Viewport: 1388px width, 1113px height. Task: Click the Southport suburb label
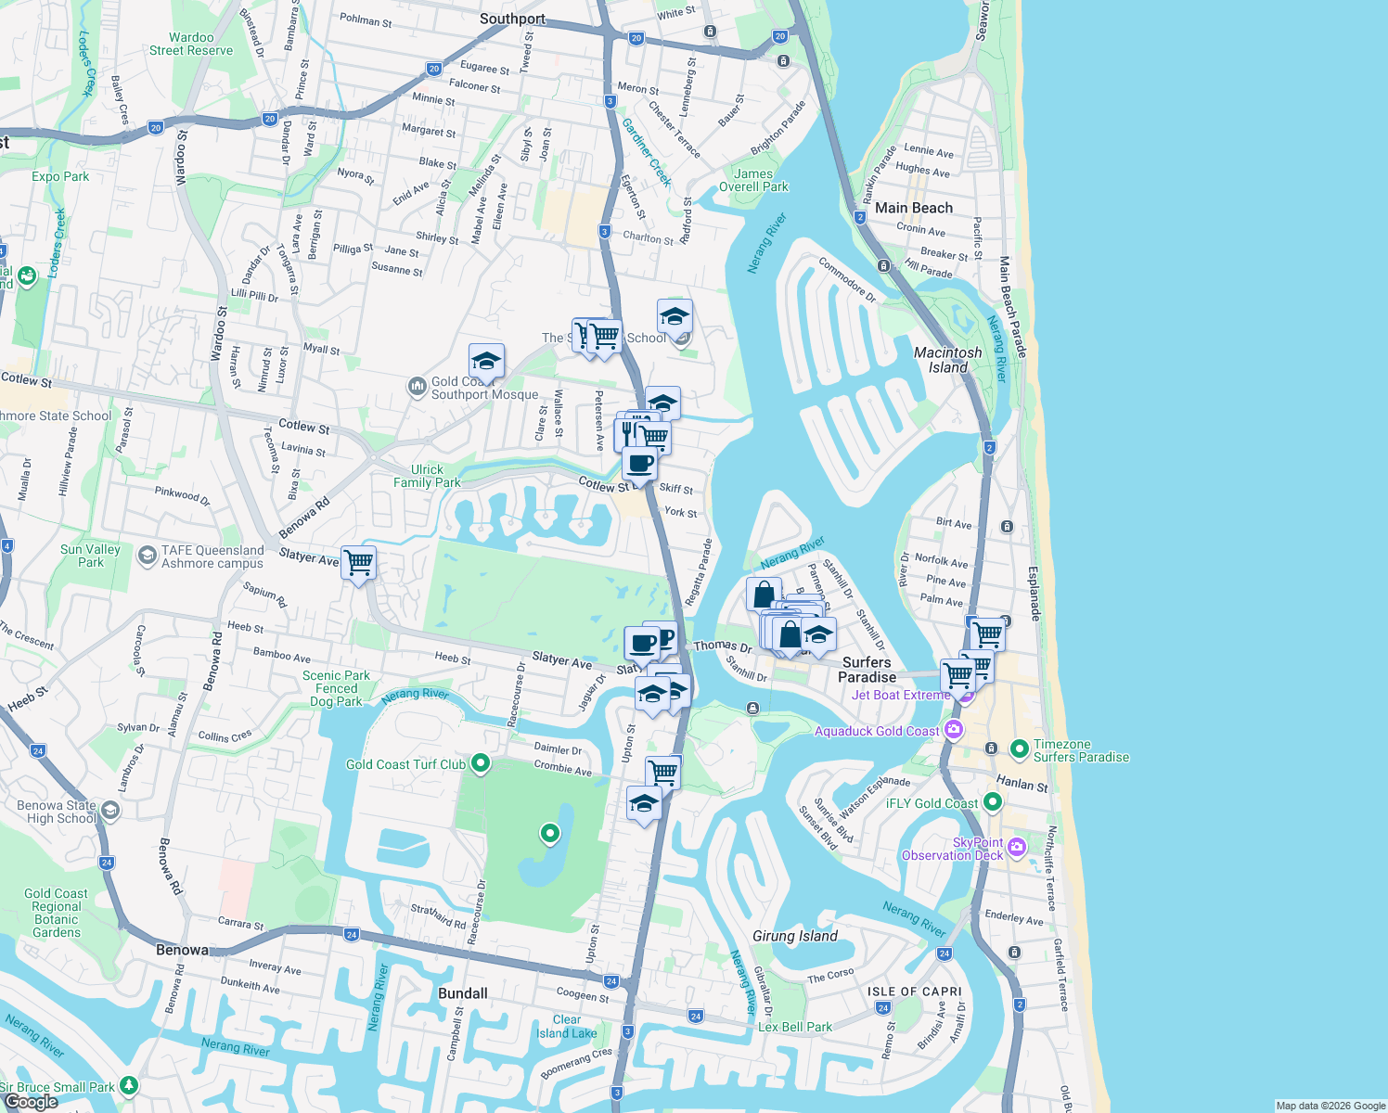click(512, 19)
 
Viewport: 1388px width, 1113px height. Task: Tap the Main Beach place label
click(913, 208)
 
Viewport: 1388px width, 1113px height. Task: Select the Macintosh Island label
click(947, 360)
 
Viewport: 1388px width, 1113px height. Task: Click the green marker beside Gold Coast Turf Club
click(481, 763)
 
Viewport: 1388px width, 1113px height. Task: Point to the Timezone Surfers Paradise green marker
click(1019, 748)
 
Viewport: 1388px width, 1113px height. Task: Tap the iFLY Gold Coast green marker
click(993, 801)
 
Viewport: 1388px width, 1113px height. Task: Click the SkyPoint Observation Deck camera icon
click(1017, 846)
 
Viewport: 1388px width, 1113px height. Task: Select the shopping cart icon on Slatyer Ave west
click(358, 562)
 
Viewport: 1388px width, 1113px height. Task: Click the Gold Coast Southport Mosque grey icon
click(417, 385)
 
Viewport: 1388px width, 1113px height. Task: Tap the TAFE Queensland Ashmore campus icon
click(147, 556)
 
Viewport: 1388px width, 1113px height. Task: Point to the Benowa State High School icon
click(110, 811)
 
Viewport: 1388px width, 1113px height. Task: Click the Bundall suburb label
click(462, 993)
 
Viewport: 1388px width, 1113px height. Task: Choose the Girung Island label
click(794, 936)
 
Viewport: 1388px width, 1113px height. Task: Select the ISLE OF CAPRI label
click(914, 991)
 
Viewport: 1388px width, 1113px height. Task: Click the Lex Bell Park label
click(794, 1027)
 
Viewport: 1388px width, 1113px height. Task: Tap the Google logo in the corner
click(31, 1101)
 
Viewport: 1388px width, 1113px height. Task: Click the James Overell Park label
click(753, 180)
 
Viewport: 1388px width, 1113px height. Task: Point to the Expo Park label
click(60, 176)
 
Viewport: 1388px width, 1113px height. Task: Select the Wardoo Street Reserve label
click(191, 44)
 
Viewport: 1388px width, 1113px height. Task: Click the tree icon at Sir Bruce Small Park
click(129, 1084)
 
